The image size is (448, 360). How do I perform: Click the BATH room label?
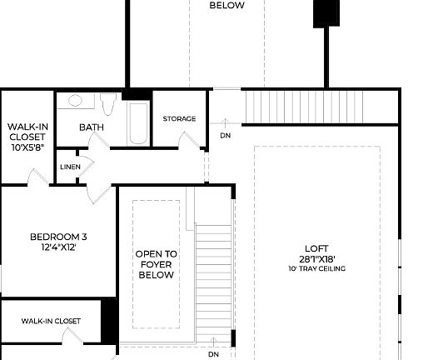(91, 127)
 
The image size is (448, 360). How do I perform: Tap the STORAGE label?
(179, 119)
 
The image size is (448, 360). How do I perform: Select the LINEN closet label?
(71, 167)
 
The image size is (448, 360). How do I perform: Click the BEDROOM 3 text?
(58, 237)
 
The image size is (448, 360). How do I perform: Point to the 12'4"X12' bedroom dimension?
(58, 247)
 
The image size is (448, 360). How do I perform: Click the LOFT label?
(316, 248)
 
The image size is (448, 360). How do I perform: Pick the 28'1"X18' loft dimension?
(316, 258)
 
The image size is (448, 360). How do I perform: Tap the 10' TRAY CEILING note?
(316, 269)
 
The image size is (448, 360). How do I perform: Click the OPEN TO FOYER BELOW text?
(157, 264)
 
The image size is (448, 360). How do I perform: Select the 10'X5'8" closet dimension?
(27, 147)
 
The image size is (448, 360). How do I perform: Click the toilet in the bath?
(108, 104)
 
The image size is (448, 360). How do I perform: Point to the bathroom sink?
(76, 101)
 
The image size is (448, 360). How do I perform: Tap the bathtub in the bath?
(138, 122)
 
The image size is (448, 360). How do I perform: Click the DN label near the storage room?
(226, 135)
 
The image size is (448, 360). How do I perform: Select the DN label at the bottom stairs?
(213, 353)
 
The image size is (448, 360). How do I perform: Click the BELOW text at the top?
(226, 6)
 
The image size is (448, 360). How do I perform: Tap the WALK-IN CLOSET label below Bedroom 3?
(51, 321)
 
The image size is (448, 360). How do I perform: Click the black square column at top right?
(326, 13)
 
